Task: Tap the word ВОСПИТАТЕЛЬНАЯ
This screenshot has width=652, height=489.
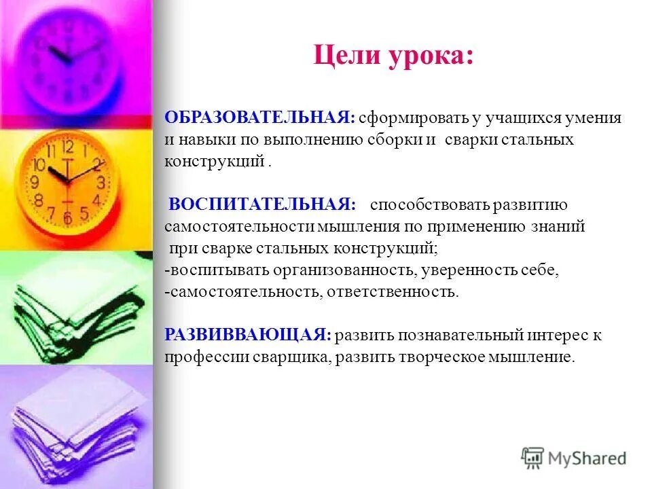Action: [x=262, y=205]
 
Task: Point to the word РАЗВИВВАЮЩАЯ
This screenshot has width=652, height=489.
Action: [x=248, y=336]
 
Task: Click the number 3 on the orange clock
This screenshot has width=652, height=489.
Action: [x=100, y=182]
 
